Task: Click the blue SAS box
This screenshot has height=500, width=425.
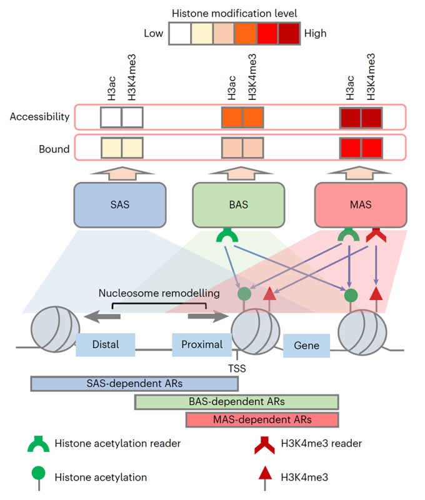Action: click(x=120, y=204)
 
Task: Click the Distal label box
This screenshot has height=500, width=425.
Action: click(x=105, y=344)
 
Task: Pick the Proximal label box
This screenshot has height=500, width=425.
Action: click(x=202, y=344)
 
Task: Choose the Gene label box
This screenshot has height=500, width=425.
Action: click(x=306, y=345)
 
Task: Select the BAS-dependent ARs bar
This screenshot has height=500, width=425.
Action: click(x=236, y=402)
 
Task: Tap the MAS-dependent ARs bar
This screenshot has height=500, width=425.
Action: click(x=262, y=419)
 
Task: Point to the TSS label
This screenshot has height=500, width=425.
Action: click(x=237, y=369)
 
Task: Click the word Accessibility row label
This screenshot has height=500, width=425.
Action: click(x=39, y=116)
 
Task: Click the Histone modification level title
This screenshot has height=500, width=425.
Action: click(x=235, y=13)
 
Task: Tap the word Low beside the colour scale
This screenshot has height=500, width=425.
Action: click(x=153, y=33)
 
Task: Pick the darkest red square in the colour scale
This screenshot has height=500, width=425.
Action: click(x=289, y=33)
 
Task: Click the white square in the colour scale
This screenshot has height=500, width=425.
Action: click(x=180, y=33)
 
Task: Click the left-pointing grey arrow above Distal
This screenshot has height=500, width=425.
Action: click(x=102, y=317)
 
